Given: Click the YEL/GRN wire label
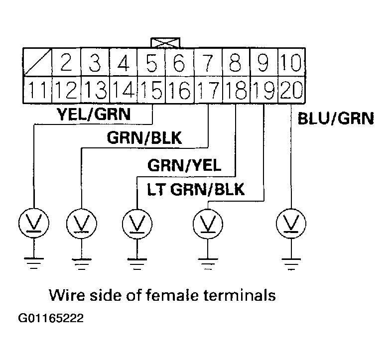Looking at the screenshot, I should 94,115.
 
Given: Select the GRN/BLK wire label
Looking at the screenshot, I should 144,138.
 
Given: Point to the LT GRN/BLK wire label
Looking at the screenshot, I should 195,190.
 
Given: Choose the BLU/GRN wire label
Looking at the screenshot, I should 335,119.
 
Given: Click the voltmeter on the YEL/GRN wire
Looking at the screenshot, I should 33,223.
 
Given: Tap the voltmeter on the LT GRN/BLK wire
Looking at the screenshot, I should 208,223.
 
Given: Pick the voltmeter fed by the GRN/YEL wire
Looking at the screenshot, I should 136,223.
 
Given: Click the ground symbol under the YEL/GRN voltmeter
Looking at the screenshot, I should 33,263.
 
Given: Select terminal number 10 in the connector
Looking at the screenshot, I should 291,63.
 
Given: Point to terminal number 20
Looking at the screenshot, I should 291,90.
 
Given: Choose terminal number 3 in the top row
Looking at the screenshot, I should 95,63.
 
